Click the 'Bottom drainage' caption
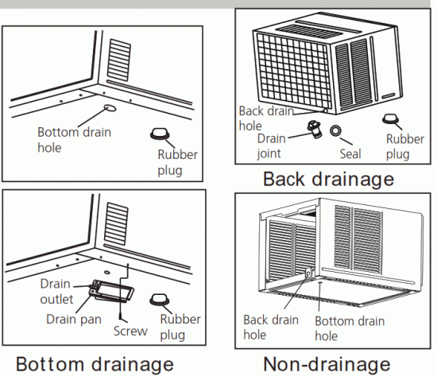pyautogui.click(x=94, y=363)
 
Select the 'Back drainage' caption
pyautogui.click(x=327, y=178)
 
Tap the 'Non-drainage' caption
pyautogui.click(x=327, y=363)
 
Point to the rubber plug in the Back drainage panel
pyautogui.click(x=392, y=119)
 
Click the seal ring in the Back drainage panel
pyautogui.click(x=337, y=130)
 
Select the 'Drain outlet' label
pyautogui.click(x=55, y=291)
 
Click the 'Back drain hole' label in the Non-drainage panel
pyautogui.click(x=271, y=327)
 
